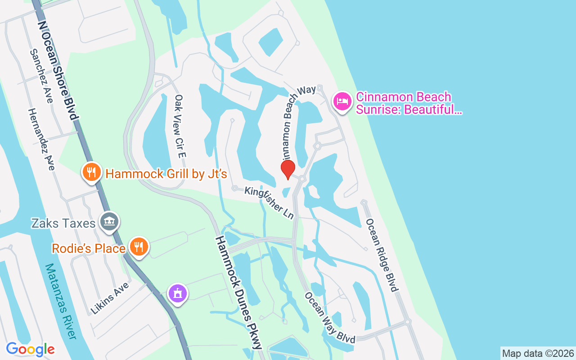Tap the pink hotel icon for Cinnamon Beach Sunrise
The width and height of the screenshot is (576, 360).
[342, 101]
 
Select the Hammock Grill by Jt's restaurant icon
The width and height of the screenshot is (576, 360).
[91, 172]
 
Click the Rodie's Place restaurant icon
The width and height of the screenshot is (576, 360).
[139, 247]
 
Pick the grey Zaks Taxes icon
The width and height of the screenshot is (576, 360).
[109, 221]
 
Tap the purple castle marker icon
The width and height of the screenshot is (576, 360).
[178, 293]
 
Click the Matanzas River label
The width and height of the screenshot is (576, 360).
[60, 301]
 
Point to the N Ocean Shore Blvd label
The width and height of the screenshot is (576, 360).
[58, 70]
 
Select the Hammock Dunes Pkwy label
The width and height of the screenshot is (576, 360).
[238, 292]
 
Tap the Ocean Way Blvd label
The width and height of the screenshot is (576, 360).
[330, 318]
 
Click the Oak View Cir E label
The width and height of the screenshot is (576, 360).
[180, 126]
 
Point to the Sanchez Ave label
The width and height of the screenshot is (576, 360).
[41, 76]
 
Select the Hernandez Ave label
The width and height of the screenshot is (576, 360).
[41, 139]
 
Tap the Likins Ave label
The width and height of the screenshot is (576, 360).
[109, 298]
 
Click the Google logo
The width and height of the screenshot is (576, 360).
[30, 349]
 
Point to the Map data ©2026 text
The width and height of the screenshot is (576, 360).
[538, 353]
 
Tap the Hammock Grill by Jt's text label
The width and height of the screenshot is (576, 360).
[166, 174]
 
